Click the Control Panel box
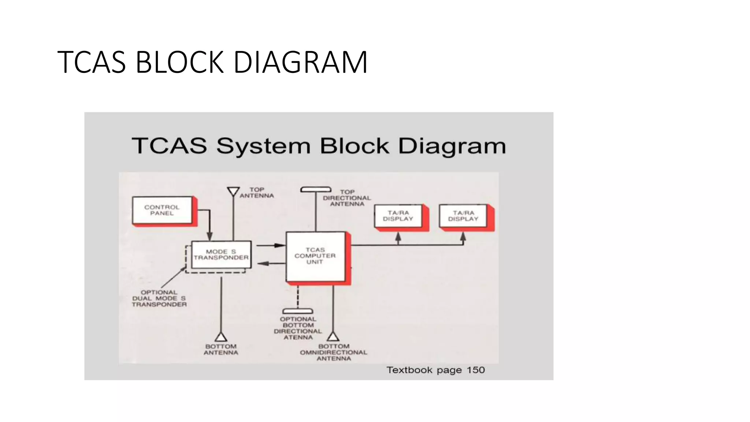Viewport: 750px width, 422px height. point(162,210)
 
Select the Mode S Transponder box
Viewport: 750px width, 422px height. point(221,255)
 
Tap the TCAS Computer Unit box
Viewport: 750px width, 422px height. point(315,256)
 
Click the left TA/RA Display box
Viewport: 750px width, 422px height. point(398,216)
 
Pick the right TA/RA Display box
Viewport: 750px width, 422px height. point(463,216)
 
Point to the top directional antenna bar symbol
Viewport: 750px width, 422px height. point(316,189)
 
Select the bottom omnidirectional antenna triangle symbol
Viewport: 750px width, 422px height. point(333,336)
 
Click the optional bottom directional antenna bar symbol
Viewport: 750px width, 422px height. point(298,311)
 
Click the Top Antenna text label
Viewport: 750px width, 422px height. point(257,193)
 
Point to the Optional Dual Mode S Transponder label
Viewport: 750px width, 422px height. point(159,298)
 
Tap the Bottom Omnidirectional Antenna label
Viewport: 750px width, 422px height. point(334,352)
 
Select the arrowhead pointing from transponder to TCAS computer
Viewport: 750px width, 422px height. point(280,245)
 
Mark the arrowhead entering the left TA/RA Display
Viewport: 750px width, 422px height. point(398,237)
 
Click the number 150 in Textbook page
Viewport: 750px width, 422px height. point(476,370)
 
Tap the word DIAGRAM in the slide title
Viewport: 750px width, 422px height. point(300,62)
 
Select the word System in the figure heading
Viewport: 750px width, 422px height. point(263,146)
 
